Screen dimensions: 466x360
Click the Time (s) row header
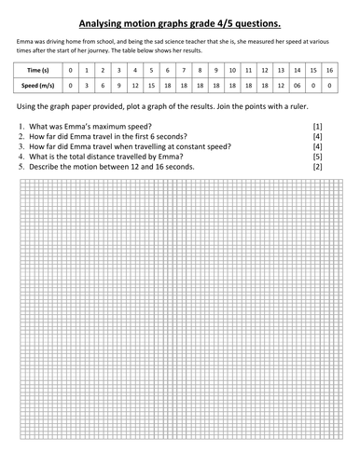tap(35, 71)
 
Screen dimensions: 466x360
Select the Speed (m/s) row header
tap(35, 86)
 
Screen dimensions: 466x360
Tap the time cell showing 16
tap(329, 71)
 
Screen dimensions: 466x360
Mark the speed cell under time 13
tap(281, 86)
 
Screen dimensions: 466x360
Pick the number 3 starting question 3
tap(21, 146)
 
